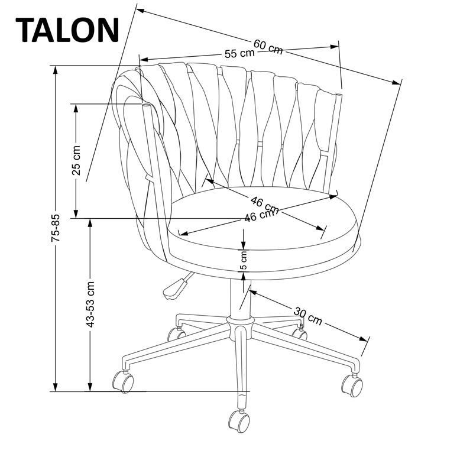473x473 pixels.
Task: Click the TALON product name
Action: pyautogui.click(x=67, y=29)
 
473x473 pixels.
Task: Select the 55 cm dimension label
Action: pyautogui.click(x=239, y=53)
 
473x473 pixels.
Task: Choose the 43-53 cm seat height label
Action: pyautogui.click(x=90, y=304)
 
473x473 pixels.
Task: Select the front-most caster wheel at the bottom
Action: pyautogui.click(x=239, y=420)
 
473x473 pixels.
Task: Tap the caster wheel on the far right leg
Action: pyautogui.click(x=352, y=385)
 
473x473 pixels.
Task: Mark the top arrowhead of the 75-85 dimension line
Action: pyautogui.click(x=56, y=69)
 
